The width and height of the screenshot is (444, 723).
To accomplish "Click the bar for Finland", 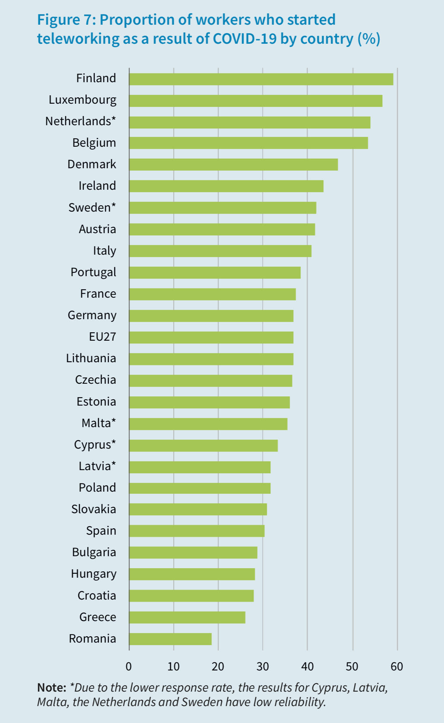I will (261, 79).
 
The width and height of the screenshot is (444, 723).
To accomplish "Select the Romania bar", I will (170, 639).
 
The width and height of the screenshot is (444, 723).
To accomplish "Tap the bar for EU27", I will (211, 338).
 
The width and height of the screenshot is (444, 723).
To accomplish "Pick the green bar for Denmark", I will (233, 165).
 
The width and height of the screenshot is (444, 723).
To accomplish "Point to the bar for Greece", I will (187, 618).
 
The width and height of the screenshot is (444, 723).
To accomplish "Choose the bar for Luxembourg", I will (256, 101).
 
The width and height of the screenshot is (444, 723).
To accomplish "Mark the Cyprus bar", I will (203, 445).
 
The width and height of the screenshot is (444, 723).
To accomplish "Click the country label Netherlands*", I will (80, 121).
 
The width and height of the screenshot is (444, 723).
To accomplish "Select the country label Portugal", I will (93, 272).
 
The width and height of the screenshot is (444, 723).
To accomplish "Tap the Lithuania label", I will (91, 358).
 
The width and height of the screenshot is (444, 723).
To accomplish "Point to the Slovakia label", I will (94, 509).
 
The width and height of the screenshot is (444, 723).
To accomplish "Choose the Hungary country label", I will (94, 574).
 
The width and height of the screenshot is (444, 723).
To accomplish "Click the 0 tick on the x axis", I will (129, 667).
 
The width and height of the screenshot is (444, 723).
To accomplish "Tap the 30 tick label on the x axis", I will (263, 667).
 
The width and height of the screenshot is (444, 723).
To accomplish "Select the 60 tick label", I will (397, 667).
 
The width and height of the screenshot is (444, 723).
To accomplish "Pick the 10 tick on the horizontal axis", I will (173, 667).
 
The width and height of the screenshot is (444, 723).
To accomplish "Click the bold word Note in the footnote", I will (51, 688).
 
